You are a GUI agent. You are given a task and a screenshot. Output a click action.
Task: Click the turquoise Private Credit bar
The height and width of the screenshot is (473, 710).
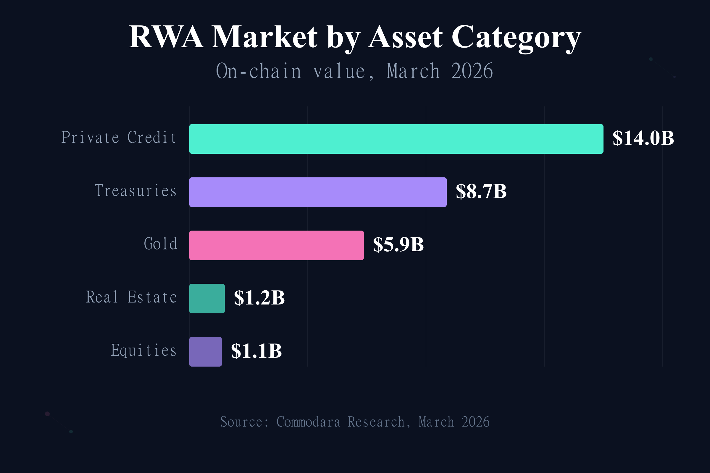coord(396,139)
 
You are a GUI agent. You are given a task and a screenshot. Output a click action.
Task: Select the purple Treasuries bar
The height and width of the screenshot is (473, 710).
coord(317,192)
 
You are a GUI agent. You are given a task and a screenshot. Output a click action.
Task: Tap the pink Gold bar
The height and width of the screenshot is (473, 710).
coord(276,245)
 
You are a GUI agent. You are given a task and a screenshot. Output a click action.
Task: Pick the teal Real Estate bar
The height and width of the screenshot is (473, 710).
coord(207,299)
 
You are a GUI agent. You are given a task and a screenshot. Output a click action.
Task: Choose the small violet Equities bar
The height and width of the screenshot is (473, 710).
coord(205,352)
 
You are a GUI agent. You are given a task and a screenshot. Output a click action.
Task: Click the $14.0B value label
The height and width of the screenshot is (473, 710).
coord(643,138)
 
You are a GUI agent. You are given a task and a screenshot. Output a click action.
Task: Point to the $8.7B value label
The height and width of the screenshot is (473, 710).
coord(481,192)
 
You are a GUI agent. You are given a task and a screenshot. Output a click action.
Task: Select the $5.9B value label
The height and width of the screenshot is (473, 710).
coord(398,245)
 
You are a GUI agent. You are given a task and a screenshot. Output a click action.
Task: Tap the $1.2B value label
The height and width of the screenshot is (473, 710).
coord(259,298)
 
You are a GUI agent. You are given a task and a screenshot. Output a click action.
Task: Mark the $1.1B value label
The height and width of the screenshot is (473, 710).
coord(256,351)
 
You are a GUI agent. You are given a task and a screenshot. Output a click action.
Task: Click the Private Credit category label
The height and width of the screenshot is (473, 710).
coord(119,138)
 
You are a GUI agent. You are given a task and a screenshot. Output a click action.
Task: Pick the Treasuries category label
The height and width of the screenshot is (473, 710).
coord(135,191)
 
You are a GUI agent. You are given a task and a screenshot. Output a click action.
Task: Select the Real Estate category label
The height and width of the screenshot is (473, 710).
coord(132,297)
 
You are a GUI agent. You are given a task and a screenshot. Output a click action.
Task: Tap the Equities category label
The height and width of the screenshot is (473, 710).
coord(144,351)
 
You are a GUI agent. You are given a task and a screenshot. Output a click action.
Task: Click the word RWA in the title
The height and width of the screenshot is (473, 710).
coord(166,37)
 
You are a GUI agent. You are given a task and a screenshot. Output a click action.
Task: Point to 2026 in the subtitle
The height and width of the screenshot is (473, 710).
coord(472,72)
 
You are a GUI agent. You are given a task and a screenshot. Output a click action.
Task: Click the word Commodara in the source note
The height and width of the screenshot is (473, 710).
coord(308,422)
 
